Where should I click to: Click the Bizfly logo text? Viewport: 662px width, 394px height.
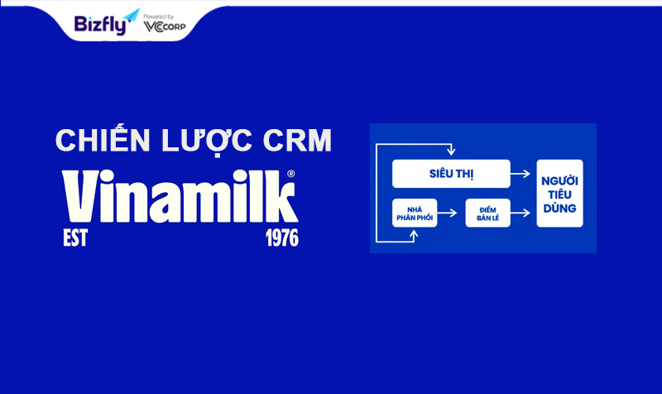pos(100,26)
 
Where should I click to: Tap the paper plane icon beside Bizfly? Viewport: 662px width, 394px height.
pos(132,16)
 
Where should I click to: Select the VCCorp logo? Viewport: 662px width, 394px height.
pos(165,26)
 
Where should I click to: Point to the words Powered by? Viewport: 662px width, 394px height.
pos(158,17)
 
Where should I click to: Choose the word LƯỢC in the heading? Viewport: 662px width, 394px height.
pos(207,141)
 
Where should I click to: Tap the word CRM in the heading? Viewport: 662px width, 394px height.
pos(297,140)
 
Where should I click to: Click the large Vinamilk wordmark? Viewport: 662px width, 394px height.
pos(180,196)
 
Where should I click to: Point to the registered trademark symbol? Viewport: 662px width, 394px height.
pos(291,174)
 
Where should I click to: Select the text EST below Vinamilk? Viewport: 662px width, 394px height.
pos(75,238)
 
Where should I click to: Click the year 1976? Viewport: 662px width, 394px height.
pos(282,238)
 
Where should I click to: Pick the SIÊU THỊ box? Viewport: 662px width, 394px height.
pos(451,174)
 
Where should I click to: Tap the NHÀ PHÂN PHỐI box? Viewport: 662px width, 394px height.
pos(415,214)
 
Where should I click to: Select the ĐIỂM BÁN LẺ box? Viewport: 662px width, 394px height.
pos(487,214)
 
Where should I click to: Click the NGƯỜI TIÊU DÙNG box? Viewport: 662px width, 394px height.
pos(559,194)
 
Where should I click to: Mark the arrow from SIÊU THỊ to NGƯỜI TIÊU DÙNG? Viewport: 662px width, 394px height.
pos(520,174)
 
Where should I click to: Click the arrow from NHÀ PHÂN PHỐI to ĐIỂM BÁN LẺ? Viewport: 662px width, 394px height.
pos(447,213)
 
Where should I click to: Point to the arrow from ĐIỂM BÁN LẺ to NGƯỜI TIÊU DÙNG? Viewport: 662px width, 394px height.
pos(520,213)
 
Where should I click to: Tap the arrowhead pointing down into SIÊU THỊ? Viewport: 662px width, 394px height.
pos(451,151)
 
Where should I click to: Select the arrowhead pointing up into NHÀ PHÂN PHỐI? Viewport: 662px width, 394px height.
pos(415,233)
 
